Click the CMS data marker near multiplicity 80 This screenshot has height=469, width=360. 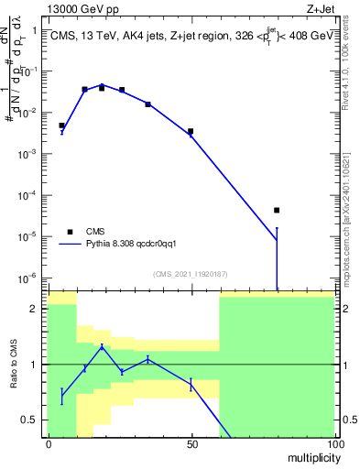click(276, 210)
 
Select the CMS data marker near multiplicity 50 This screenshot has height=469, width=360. click(191, 131)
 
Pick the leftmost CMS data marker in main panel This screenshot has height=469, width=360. click(61, 125)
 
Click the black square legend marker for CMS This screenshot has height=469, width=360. click(70, 232)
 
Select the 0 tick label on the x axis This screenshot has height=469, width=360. click(48, 443)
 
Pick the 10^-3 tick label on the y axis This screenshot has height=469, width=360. click(27, 154)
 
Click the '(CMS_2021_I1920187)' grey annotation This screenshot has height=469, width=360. click(191, 273)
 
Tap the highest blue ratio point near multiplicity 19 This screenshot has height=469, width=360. click(103, 347)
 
